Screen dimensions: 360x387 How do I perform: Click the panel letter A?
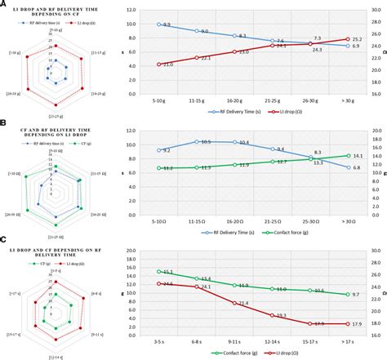pos(4,4)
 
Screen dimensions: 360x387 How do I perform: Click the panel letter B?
pos(4,122)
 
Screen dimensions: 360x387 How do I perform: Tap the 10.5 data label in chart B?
pos(206,142)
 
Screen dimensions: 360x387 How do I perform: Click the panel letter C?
pos(4,242)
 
